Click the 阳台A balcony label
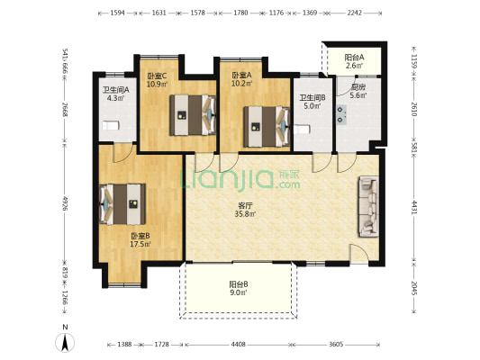point(354,58)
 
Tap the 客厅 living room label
point(245,205)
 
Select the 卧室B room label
point(140,236)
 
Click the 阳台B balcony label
point(239,284)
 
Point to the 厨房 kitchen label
point(358,87)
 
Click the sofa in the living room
point(369,206)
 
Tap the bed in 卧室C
point(193,114)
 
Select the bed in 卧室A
point(267,126)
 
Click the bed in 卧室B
point(122,204)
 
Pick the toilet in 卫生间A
point(110,126)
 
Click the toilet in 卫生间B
point(302,130)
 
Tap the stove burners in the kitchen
point(341,114)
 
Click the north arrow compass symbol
point(65,343)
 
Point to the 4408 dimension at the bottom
point(238,345)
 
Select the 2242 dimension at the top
point(355,13)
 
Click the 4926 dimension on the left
point(65,202)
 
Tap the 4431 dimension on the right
point(413,207)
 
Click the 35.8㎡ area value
point(245,214)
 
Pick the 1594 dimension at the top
point(118,13)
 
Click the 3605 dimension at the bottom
point(336,345)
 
